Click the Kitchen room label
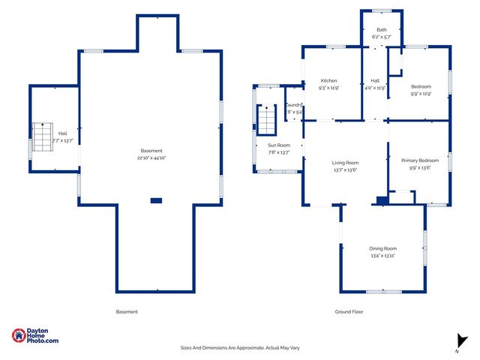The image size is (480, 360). (x=328, y=81)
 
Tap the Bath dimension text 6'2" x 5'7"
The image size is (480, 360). (x=382, y=37)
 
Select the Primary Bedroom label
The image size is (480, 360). (x=419, y=160)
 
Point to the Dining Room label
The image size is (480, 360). (x=382, y=248)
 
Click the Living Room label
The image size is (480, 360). (x=346, y=163)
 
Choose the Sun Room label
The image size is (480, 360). (x=279, y=145)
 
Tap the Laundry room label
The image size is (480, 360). (x=294, y=106)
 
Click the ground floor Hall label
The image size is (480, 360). (x=375, y=81)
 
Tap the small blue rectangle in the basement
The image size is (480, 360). (x=156, y=200)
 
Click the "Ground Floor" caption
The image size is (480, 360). (x=348, y=311)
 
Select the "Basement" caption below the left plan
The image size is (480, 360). (x=127, y=311)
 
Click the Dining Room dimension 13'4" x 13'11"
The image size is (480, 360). (x=382, y=256)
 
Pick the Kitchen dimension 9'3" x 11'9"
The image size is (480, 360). (x=328, y=88)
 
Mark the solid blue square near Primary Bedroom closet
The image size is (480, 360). (x=382, y=200)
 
